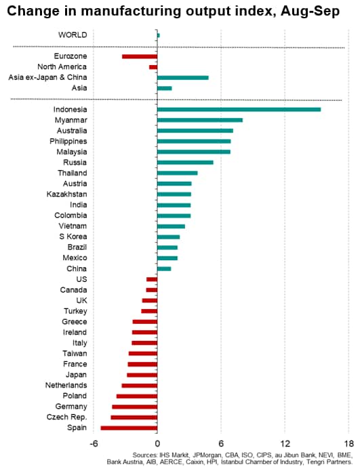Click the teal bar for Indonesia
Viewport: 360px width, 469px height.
(239, 110)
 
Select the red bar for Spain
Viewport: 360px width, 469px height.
(129, 428)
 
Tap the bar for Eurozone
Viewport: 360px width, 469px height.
(140, 56)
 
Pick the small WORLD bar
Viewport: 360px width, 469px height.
(158, 35)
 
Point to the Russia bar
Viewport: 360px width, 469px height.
(185, 163)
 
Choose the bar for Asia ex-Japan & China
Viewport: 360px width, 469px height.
(183, 77)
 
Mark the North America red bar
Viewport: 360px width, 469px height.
(153, 67)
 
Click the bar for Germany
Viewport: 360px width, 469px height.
(135, 407)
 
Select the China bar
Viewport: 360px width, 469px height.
(164, 268)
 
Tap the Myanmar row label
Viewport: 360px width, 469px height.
(71, 120)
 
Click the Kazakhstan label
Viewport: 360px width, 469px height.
(66, 194)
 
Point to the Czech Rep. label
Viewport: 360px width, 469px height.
(66, 417)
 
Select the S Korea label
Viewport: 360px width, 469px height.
(73, 237)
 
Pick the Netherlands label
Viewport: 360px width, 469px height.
(66, 385)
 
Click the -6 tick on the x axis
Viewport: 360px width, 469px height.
(94, 443)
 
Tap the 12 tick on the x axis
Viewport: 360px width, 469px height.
(285, 443)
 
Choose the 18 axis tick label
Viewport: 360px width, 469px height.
(349, 443)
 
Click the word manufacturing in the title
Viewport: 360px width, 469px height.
(131, 12)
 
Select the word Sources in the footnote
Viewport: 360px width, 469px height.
(144, 455)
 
